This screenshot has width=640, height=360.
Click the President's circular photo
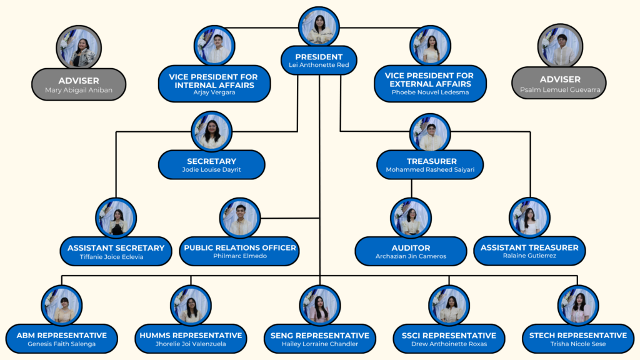click(x=319, y=27)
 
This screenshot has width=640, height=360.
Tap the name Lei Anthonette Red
click(x=319, y=65)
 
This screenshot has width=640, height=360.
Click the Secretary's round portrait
click(x=212, y=131)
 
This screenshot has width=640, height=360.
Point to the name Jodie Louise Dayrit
click(x=211, y=169)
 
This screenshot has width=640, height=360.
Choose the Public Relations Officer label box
click(x=240, y=251)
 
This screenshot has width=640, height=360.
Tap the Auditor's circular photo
click(x=411, y=218)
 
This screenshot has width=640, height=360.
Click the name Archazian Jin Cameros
click(x=411, y=256)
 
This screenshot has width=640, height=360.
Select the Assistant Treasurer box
click(x=529, y=251)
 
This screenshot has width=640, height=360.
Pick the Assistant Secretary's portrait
click(x=116, y=218)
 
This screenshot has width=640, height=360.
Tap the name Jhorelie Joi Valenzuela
click(x=190, y=344)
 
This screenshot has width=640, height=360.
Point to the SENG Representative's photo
click(x=320, y=306)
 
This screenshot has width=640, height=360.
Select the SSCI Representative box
click(x=449, y=339)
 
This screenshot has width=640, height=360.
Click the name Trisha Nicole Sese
click(x=577, y=344)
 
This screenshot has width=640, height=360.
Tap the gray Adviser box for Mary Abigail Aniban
click(x=79, y=84)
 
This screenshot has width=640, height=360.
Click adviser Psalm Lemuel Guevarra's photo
click(x=560, y=46)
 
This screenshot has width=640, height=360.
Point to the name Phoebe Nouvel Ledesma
click(x=430, y=92)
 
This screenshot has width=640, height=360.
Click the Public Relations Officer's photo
click(x=240, y=218)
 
